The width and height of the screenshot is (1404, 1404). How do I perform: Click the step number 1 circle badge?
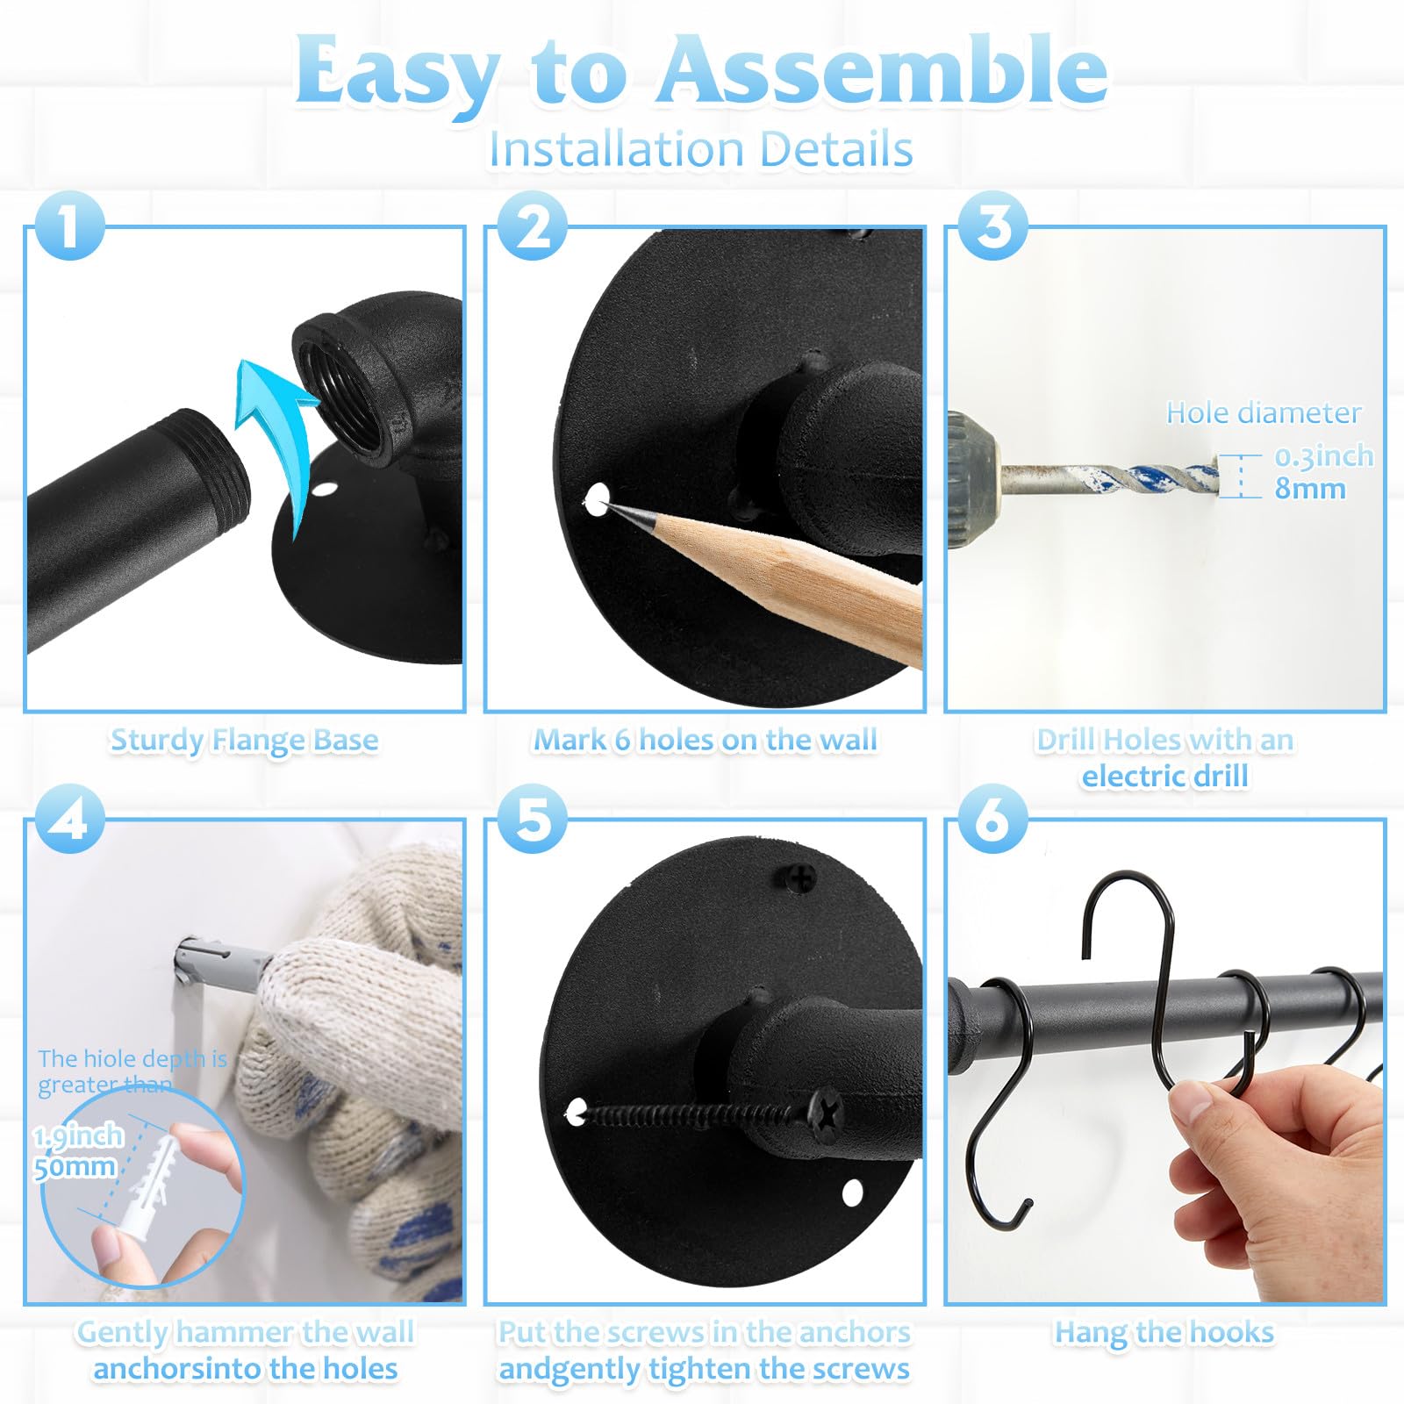point(70,226)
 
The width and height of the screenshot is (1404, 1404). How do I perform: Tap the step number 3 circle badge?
point(992,226)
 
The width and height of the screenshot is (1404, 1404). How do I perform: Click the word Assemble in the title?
point(883,70)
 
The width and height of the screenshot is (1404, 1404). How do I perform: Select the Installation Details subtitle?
point(701,148)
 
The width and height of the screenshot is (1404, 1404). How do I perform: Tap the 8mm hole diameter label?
point(1309,488)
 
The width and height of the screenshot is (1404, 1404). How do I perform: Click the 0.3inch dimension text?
point(1323,455)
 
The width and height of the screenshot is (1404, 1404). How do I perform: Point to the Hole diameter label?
point(1264,412)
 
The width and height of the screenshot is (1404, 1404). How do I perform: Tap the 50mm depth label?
point(75,1167)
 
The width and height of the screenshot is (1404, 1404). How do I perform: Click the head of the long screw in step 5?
point(826,1113)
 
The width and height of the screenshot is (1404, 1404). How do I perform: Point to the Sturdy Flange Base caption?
point(244,740)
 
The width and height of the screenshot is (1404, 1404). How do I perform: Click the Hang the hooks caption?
point(1164,1332)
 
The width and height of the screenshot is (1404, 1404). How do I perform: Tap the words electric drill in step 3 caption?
point(1164,776)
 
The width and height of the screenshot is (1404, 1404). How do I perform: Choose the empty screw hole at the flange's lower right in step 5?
point(852,1192)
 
